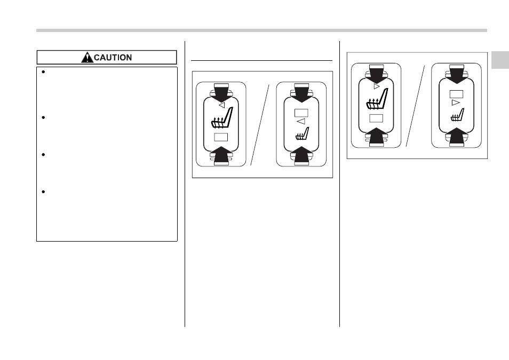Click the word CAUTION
pyautogui.click(x=113, y=58)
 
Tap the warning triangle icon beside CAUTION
pyautogui.click(x=87, y=58)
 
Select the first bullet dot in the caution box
pyautogui.click(x=43, y=72)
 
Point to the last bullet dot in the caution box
pyautogui.click(x=43, y=192)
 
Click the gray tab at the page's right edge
pyautogui.click(x=500, y=60)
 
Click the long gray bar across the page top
pyautogui.click(x=261, y=30)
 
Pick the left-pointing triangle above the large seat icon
pyautogui.click(x=222, y=105)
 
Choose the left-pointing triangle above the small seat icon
pyautogui.click(x=301, y=122)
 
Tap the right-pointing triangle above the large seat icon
pyautogui.click(x=377, y=87)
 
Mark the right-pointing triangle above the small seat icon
pyautogui.click(x=456, y=102)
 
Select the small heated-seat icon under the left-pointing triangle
pyautogui.click(x=302, y=133)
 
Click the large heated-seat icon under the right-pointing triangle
pyautogui.click(x=377, y=99)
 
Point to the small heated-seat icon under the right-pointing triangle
pyautogui.click(x=457, y=115)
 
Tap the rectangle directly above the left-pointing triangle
pyautogui.click(x=301, y=113)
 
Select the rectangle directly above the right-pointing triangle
pyautogui.click(x=456, y=94)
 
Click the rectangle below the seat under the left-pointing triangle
pyautogui.click(x=221, y=137)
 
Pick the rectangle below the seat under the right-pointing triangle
pyautogui.click(x=376, y=118)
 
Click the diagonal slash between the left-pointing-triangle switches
pyautogui.click(x=260, y=125)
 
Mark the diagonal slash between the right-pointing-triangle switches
pyautogui.click(x=415, y=106)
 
